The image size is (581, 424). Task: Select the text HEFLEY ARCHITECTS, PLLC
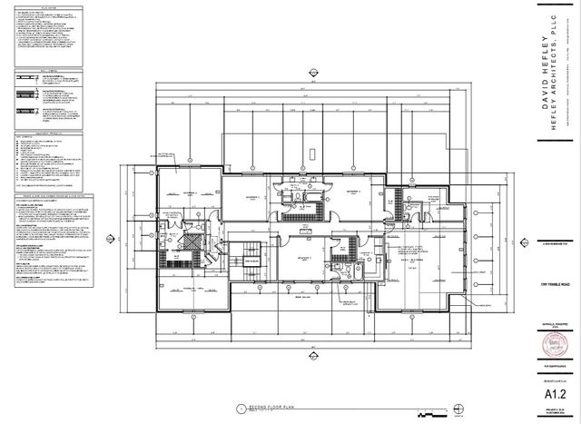(555, 76)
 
